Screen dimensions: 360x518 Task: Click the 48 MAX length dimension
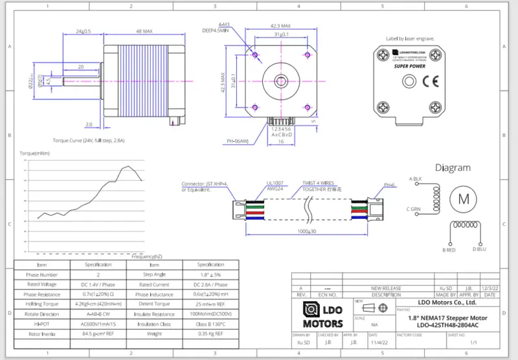144,30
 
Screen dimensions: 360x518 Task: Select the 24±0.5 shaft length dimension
84,30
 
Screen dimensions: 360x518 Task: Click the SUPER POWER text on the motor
409,65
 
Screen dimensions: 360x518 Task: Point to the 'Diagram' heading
453,168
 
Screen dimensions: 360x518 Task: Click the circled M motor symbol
464,199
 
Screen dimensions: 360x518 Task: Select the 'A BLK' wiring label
415,178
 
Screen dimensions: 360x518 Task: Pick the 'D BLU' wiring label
479,249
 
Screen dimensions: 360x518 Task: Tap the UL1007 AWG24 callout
275,187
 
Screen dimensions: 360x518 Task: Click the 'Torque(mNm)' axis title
35,153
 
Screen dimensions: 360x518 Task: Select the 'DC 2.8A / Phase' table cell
210,284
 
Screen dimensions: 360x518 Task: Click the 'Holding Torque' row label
41,304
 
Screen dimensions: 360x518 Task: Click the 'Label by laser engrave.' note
410,39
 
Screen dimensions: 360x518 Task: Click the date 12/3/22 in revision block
490,288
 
